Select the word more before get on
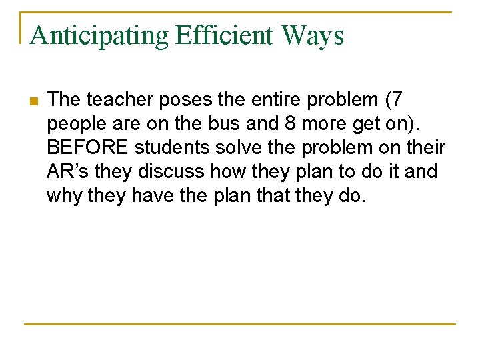[x=315, y=124]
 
